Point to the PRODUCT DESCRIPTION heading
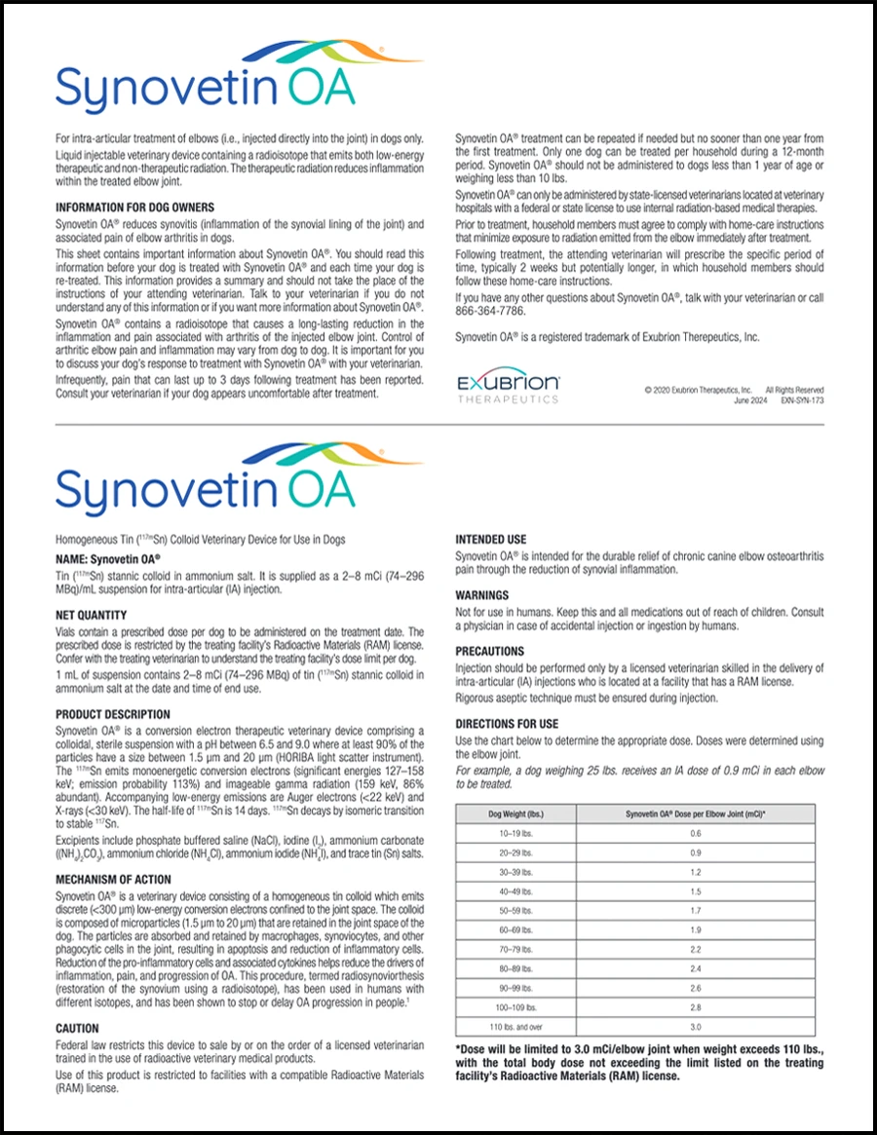coord(113,715)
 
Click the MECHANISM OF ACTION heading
coord(113,880)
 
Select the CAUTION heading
coord(78,1028)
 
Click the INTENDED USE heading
coord(491,539)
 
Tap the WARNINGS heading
coord(482,594)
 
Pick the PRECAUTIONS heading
coord(490,651)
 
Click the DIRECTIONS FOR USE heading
coord(507,724)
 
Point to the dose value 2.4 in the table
coord(695,969)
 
